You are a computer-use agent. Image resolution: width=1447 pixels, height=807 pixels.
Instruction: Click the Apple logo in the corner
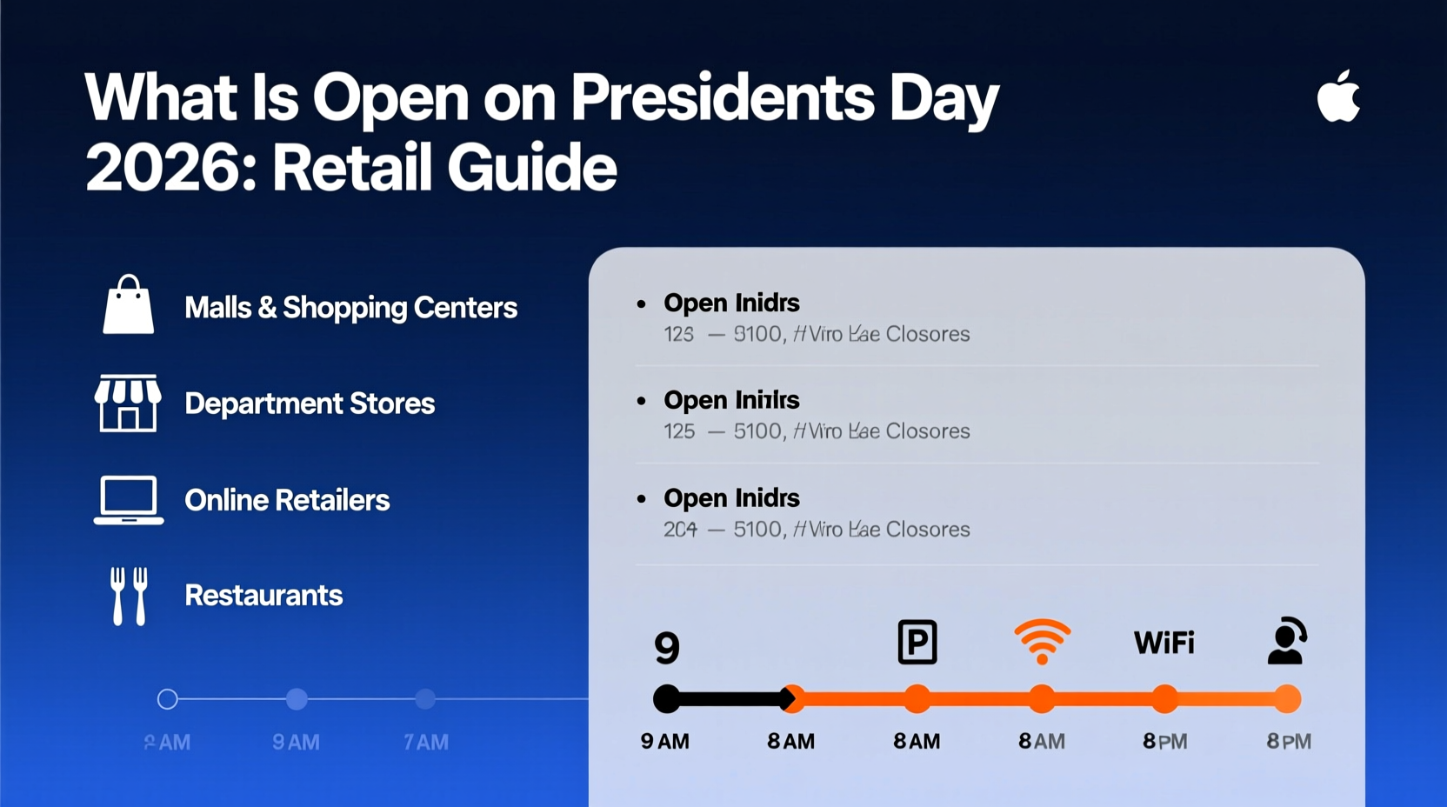(x=1338, y=97)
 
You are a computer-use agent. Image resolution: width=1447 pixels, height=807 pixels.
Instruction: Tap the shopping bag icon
(x=129, y=305)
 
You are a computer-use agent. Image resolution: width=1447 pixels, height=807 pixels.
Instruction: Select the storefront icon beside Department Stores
(x=128, y=403)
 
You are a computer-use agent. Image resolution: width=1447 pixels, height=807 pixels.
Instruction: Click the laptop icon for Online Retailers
(x=129, y=500)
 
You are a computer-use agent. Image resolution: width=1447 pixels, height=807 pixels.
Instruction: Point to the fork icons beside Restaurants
(x=129, y=596)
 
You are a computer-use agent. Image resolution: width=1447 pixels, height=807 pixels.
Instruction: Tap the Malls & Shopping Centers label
(x=350, y=307)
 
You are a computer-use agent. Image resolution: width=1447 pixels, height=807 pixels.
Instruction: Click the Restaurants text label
(x=263, y=596)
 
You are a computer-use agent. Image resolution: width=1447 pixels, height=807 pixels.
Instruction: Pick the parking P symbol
(x=917, y=643)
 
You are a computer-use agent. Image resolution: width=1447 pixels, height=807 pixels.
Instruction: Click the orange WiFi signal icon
(x=1042, y=642)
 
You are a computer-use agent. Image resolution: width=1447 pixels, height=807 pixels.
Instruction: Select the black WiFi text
(x=1164, y=643)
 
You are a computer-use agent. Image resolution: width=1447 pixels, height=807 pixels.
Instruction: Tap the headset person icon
(x=1286, y=642)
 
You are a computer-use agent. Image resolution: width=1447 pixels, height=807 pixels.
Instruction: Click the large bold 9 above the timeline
(x=667, y=648)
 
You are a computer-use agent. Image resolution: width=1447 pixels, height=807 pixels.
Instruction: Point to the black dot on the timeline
(x=667, y=698)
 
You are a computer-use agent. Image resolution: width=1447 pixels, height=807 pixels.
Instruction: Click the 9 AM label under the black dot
(x=665, y=742)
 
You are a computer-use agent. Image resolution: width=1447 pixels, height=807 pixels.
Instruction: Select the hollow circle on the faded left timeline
(x=168, y=698)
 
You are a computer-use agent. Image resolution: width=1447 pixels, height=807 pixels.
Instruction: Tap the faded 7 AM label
(x=426, y=743)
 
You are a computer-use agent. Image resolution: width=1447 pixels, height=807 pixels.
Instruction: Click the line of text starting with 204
(x=816, y=529)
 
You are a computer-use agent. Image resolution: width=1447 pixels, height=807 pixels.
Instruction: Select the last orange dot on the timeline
(x=1288, y=698)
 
